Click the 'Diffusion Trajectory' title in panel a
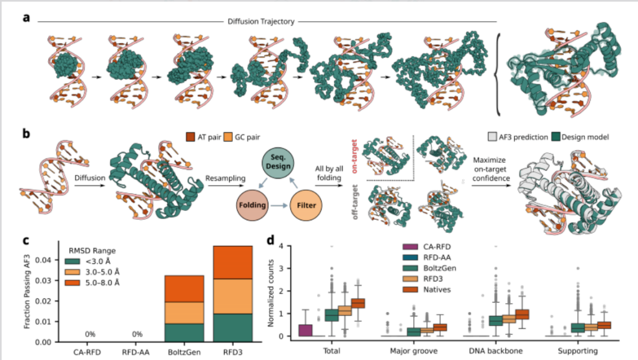click(x=261, y=22)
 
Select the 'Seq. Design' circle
click(x=278, y=162)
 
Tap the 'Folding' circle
click(x=252, y=205)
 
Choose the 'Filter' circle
click(x=306, y=205)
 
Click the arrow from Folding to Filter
click(x=279, y=205)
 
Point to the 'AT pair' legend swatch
click(x=190, y=137)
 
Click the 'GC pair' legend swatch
click(x=228, y=137)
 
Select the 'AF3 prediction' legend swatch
click(x=493, y=137)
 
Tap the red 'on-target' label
click(x=354, y=156)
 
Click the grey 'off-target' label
click(x=355, y=202)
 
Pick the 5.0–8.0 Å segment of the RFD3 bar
click(x=233, y=263)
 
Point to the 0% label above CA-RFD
click(x=90, y=334)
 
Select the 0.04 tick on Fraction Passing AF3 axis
click(x=43, y=260)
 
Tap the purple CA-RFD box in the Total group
click(x=305, y=330)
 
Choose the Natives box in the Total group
click(x=358, y=303)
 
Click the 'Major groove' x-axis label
click(x=413, y=351)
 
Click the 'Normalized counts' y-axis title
click(x=271, y=293)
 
